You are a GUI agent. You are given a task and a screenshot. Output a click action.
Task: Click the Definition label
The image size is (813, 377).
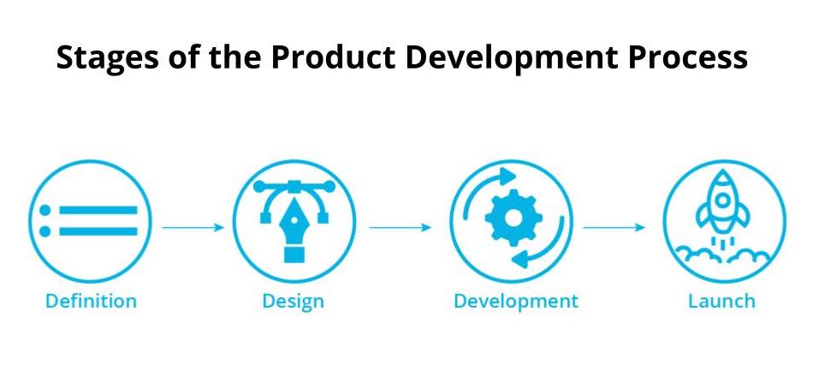[x=91, y=302]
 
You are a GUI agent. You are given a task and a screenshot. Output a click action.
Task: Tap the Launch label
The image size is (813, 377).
[x=721, y=302]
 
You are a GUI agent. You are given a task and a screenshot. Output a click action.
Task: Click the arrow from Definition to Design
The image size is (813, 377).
[x=193, y=227]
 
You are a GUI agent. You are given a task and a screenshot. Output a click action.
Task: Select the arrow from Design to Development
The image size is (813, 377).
[x=400, y=227]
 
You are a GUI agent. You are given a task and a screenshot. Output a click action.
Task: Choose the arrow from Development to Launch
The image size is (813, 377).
[x=614, y=227]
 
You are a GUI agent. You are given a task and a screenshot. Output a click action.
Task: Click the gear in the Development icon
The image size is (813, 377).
[x=513, y=218]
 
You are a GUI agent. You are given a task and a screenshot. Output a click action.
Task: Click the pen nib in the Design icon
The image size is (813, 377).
[x=294, y=222]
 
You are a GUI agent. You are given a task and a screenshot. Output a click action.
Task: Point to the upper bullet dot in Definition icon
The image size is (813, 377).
[x=45, y=210]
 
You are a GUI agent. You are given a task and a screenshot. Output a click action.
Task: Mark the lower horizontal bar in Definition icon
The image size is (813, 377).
[x=98, y=231]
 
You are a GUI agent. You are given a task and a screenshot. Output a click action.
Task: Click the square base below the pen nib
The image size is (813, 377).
[x=294, y=254]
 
